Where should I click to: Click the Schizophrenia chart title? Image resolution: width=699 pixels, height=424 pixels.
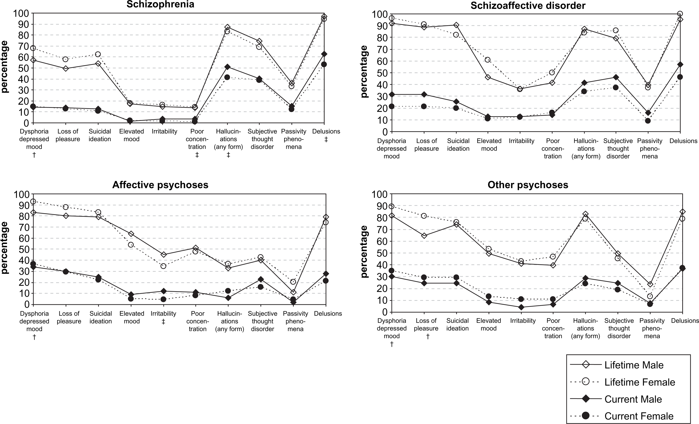coord(160,5)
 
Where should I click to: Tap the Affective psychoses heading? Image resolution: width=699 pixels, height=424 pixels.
coord(160,185)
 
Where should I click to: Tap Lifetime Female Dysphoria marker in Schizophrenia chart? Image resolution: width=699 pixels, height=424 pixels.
coord(33,48)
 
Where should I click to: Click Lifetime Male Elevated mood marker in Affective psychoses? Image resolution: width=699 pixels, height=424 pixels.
coord(131,234)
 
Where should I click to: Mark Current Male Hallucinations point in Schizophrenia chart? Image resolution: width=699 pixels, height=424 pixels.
coord(227,67)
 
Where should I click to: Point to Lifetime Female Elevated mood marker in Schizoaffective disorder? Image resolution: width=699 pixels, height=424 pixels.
coord(488,60)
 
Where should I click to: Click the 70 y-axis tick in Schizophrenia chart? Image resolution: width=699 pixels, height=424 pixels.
coord(23,46)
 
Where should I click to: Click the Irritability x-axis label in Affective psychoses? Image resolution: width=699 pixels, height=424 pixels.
coord(163,314)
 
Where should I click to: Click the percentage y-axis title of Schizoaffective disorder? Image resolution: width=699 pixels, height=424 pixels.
coord(364,72)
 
